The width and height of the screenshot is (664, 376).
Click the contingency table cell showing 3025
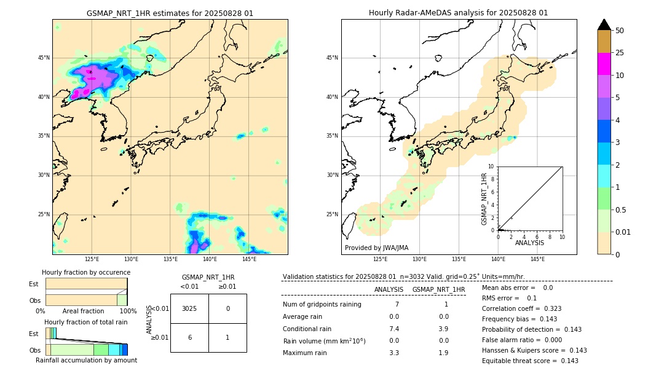pos(189,308)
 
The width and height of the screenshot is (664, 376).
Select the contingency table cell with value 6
pos(189,337)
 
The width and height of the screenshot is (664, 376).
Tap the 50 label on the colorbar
pos(620,31)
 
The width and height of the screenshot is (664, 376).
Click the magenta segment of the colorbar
pos(604,64)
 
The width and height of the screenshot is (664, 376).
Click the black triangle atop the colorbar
pos(604,24)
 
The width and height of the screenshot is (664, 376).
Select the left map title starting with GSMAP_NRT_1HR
pos(170,13)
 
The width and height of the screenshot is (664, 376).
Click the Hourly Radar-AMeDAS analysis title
pos(458,13)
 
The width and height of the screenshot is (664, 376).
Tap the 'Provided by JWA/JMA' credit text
pos(376,248)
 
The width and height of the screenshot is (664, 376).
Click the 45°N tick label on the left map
pos(44,58)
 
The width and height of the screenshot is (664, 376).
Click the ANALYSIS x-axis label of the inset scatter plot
pos(529,243)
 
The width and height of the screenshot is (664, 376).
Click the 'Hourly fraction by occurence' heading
pos(86,272)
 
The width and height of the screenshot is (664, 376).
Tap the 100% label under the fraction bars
pos(128,311)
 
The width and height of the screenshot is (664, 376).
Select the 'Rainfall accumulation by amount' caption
pos(86,360)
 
